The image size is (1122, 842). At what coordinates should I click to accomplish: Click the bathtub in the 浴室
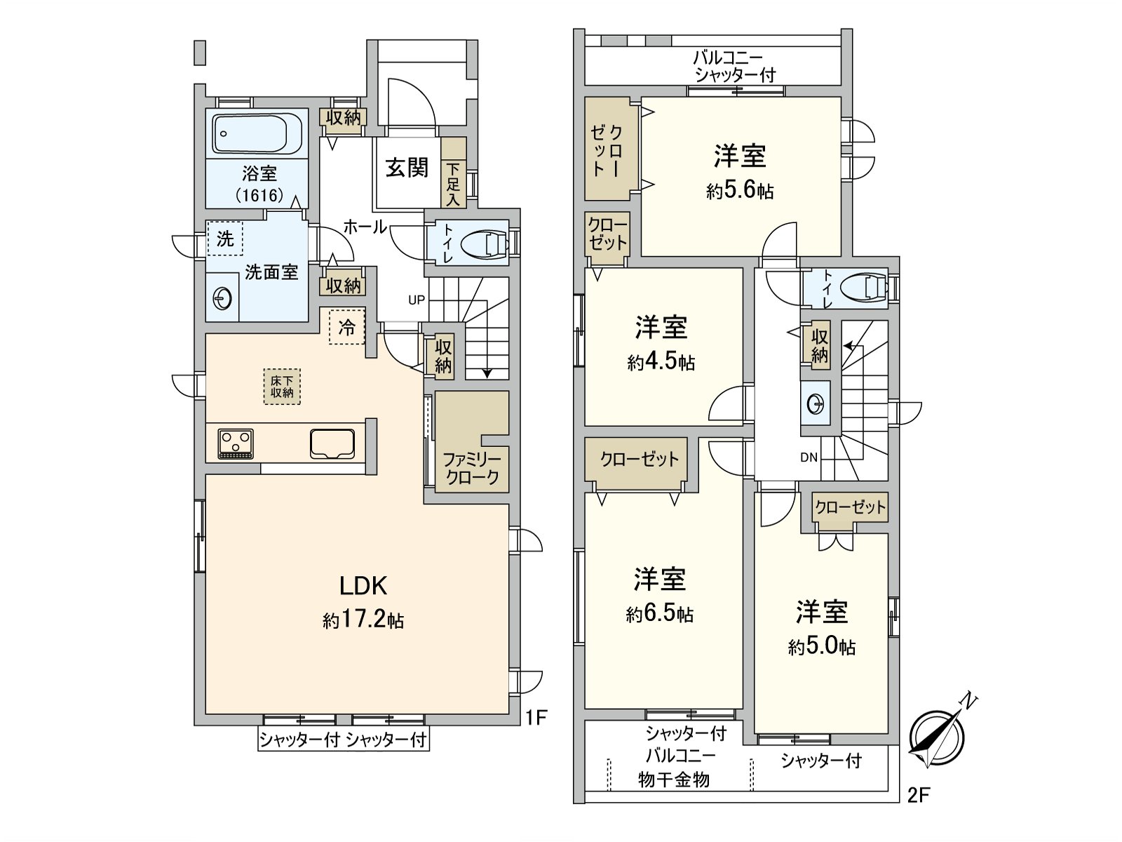(257, 134)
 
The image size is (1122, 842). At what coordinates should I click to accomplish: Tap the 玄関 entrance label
(407, 167)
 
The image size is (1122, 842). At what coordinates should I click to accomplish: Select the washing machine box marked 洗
(225, 239)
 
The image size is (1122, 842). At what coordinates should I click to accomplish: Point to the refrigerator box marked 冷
(347, 327)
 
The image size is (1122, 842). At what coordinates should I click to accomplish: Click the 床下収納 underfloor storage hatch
(282, 387)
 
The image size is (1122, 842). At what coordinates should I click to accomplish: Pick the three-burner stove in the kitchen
(236, 443)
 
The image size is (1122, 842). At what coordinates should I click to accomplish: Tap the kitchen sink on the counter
(332, 443)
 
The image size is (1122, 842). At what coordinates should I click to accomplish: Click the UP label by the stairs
(417, 300)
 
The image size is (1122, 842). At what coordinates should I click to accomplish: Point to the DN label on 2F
(809, 457)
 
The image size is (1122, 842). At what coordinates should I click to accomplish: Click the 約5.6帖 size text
(740, 191)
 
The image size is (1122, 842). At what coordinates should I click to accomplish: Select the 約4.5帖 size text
(661, 363)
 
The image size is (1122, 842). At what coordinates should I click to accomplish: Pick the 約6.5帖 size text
(660, 614)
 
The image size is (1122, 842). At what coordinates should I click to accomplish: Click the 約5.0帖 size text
(822, 647)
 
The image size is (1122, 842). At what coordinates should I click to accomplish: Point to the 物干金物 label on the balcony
(674, 780)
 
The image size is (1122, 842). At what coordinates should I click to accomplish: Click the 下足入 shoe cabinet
(454, 173)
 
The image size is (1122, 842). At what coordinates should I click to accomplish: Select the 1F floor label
(536, 718)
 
